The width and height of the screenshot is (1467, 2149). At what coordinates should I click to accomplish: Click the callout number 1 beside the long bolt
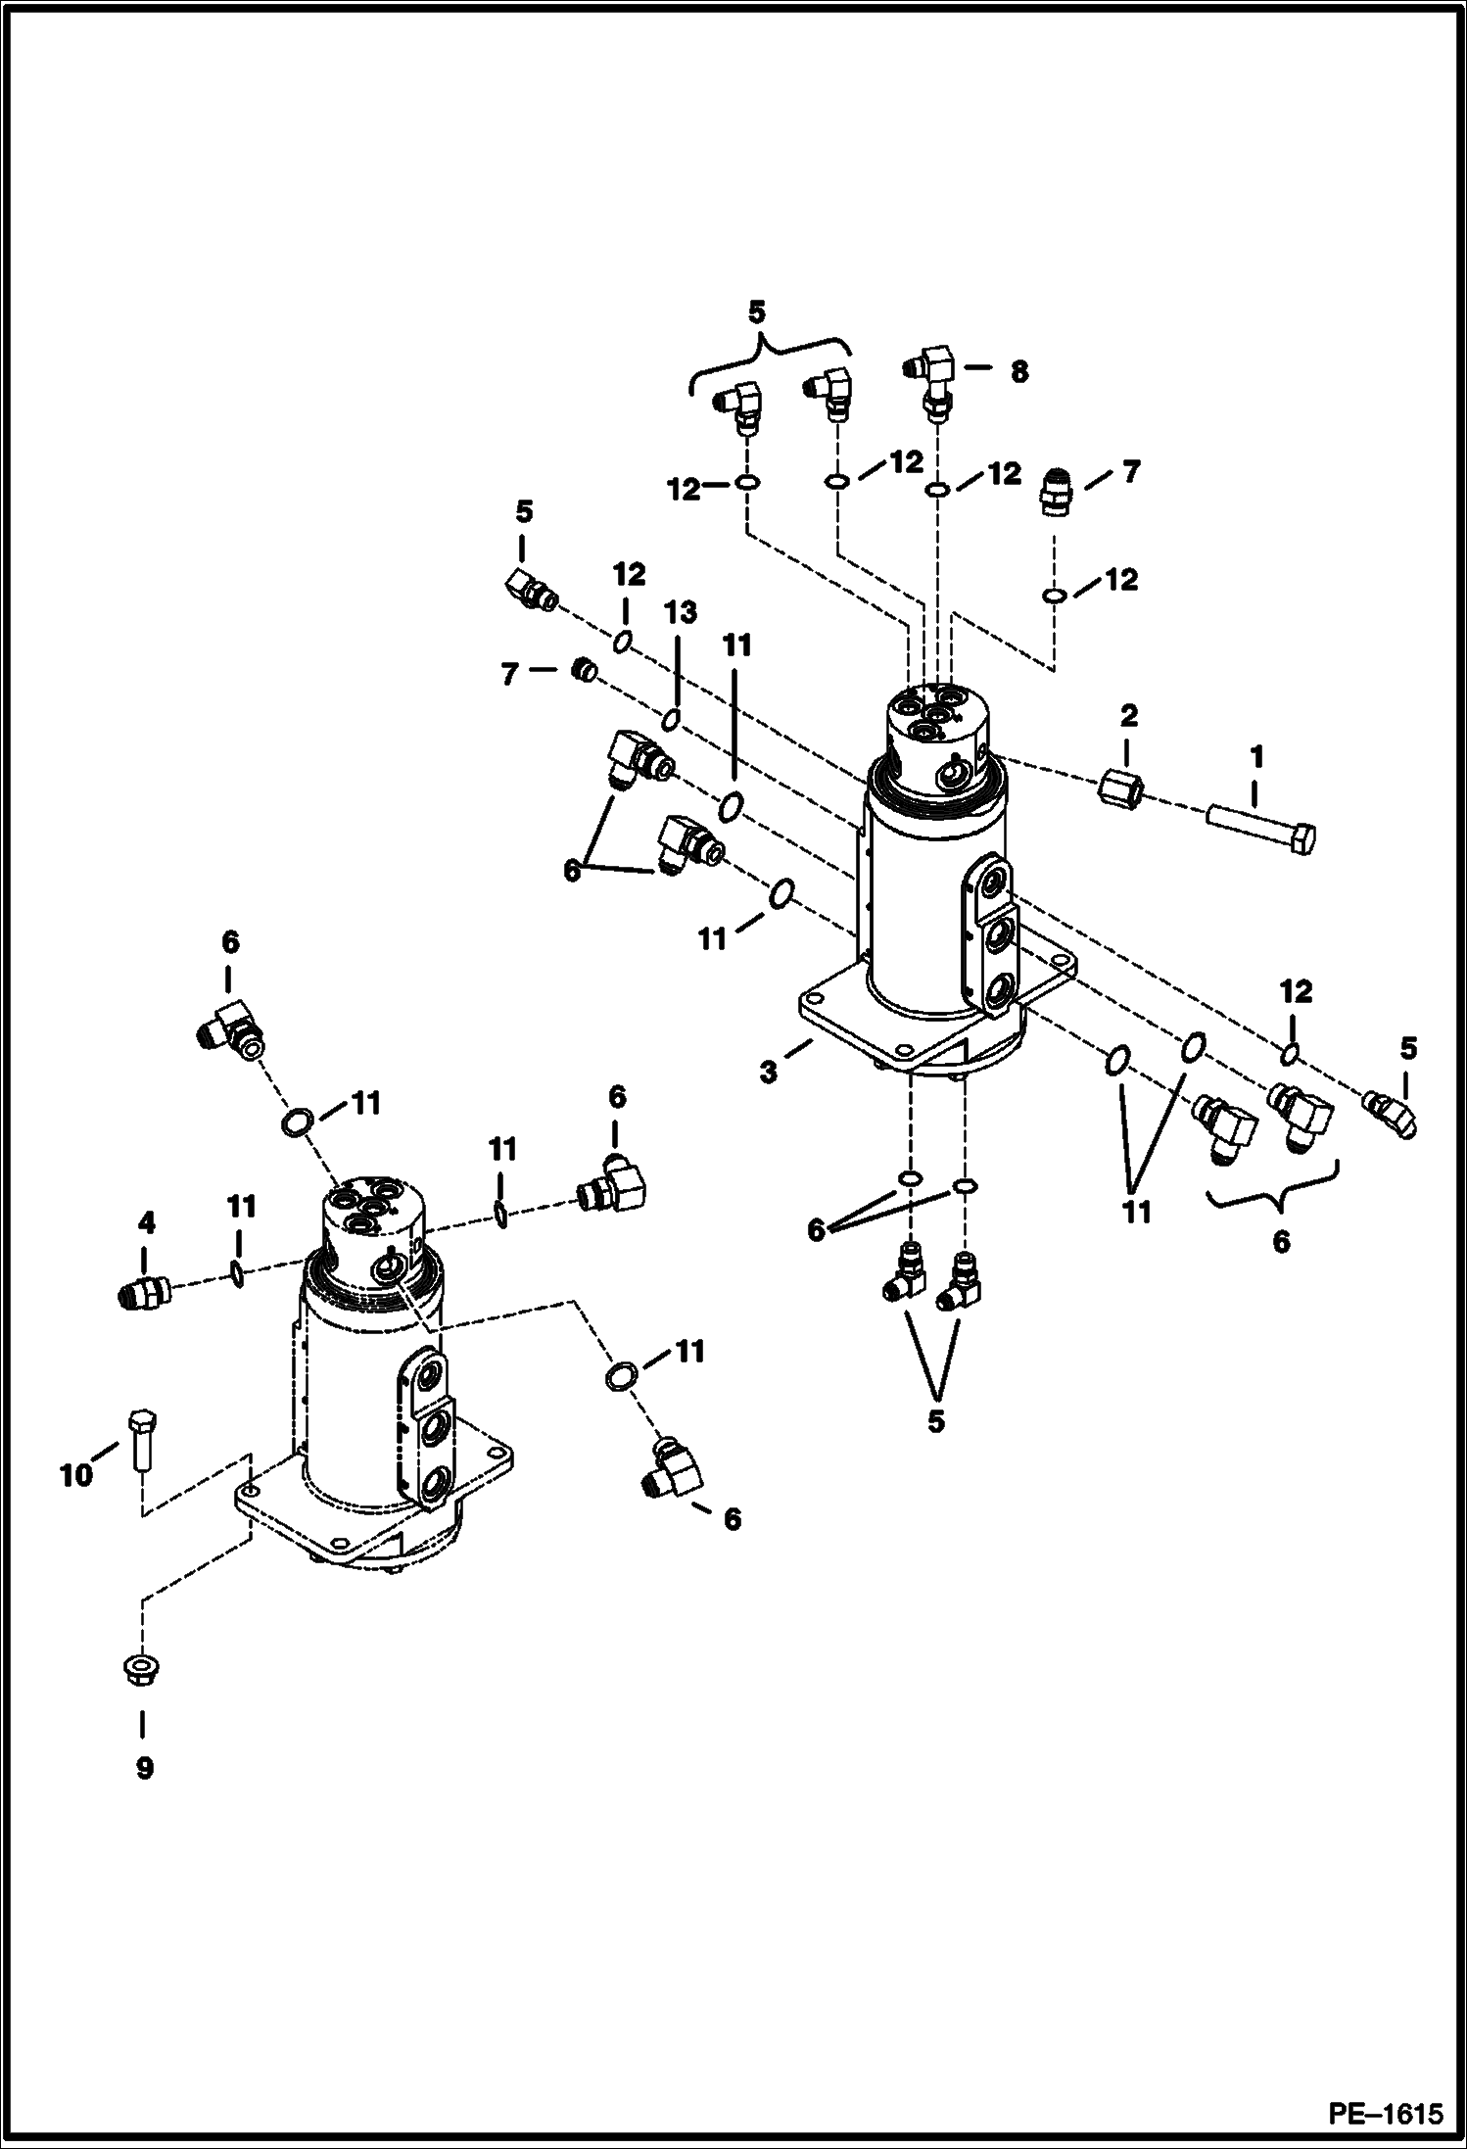click(1256, 756)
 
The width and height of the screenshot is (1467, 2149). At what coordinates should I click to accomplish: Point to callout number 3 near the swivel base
click(770, 1073)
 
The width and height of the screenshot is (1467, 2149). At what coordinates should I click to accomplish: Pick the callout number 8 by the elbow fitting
click(1019, 372)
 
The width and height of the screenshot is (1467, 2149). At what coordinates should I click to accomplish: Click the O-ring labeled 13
click(671, 721)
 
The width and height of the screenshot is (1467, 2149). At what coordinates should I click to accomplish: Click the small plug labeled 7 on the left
click(585, 671)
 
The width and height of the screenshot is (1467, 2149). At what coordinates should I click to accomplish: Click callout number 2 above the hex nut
click(1128, 715)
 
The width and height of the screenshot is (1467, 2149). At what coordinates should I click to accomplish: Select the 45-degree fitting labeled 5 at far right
click(1392, 1116)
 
